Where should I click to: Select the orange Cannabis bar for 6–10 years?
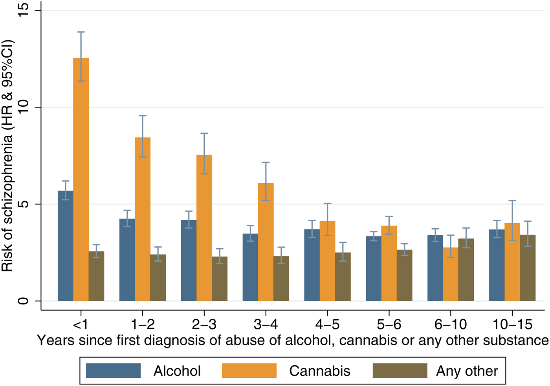451,274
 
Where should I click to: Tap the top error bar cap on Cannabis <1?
81,32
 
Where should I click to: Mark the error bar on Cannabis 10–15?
512,220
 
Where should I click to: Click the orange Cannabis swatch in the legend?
249,371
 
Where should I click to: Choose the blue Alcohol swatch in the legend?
113,371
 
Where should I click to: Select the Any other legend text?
467,371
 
